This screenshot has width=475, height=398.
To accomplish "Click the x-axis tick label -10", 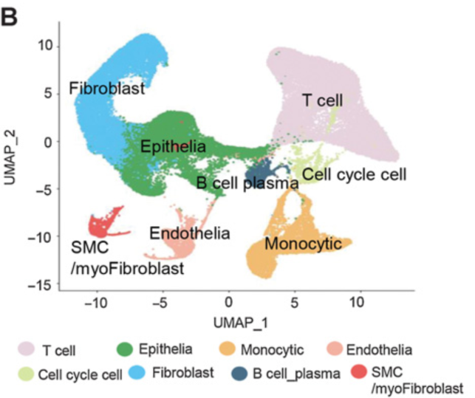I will coord(98,303).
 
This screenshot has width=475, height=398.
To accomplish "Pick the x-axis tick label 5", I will coord(294,303).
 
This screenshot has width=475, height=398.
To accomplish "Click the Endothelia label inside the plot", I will coord(190,233).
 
